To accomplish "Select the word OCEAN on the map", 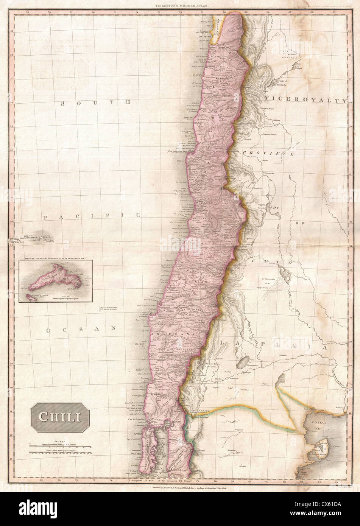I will coord(81,330).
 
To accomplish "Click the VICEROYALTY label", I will coord(306,100).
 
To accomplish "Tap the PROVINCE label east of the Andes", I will coord(268,153).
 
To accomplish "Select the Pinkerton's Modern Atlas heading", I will coord(180,6).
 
